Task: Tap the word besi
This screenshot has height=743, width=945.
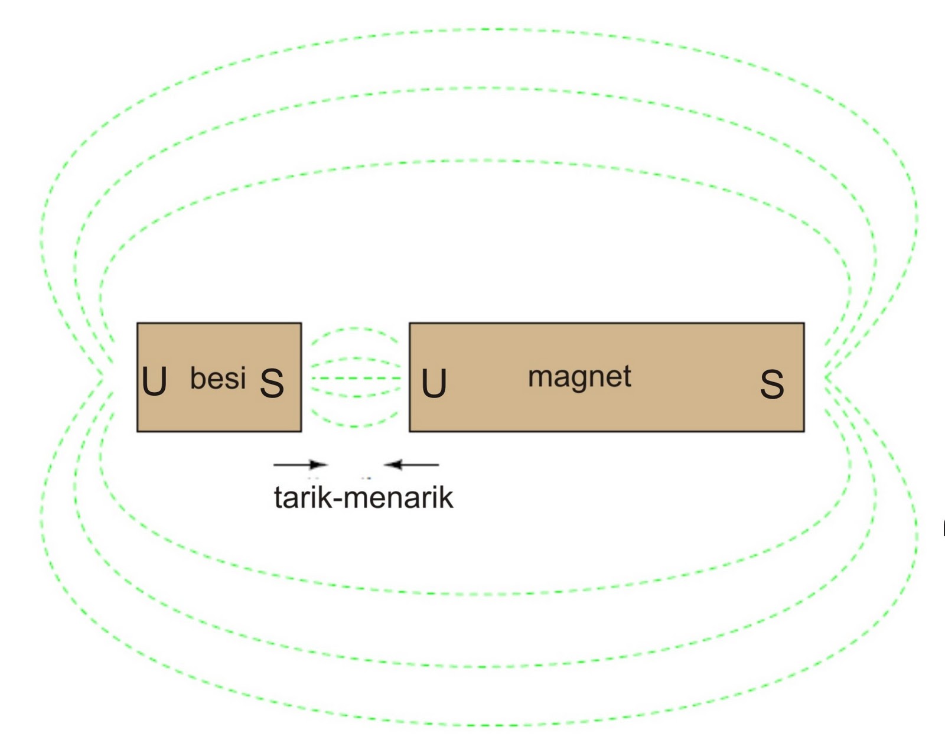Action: point(217,378)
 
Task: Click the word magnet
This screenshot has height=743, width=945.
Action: point(579,377)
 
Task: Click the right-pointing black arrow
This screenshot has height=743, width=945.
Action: point(299,465)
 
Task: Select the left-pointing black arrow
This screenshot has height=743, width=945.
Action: point(412,465)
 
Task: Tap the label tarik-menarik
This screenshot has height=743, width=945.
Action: point(363,497)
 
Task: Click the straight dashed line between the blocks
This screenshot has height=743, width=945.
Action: point(355,378)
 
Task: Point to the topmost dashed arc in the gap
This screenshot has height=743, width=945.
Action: point(354,328)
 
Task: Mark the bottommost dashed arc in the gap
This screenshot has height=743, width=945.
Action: point(354,425)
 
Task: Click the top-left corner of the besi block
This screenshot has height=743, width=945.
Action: point(138,324)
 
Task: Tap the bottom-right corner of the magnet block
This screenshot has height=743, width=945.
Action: point(803,431)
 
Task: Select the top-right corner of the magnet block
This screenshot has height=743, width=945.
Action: point(803,324)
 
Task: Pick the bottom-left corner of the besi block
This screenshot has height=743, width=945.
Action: point(138,431)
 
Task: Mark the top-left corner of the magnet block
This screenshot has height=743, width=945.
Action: point(410,324)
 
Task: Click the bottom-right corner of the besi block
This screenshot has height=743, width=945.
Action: point(301,431)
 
